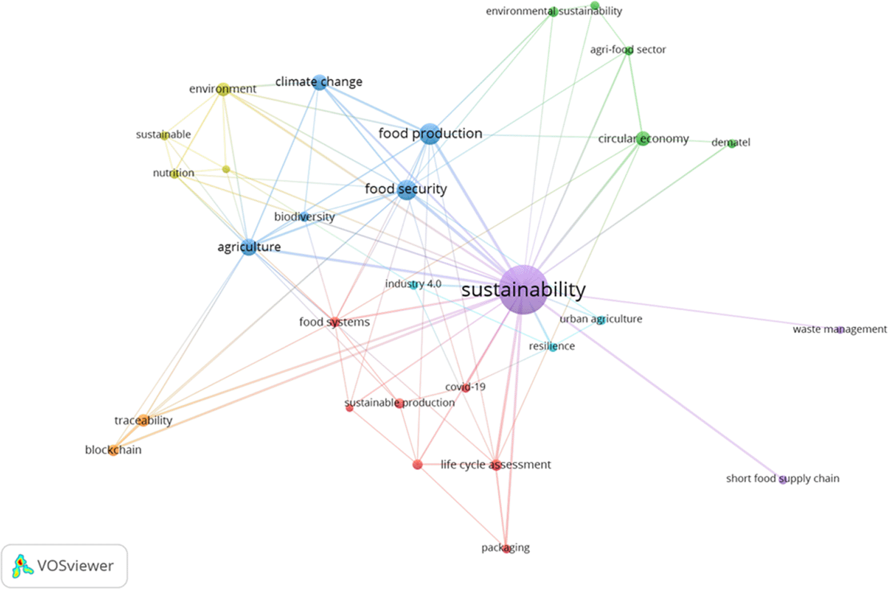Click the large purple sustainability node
523,290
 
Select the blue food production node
430,134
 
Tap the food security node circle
407,189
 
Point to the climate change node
319,82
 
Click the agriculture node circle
249,247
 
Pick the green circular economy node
643,139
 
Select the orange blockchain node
114,450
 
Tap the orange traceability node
143,420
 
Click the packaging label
506,548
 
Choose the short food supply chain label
782,479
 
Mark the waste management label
839,329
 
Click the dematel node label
731,142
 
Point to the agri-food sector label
628,50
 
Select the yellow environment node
223,89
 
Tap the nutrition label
174,173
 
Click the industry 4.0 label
413,284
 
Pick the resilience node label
552,346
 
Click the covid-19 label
465,386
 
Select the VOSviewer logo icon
22,566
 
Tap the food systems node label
334,321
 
